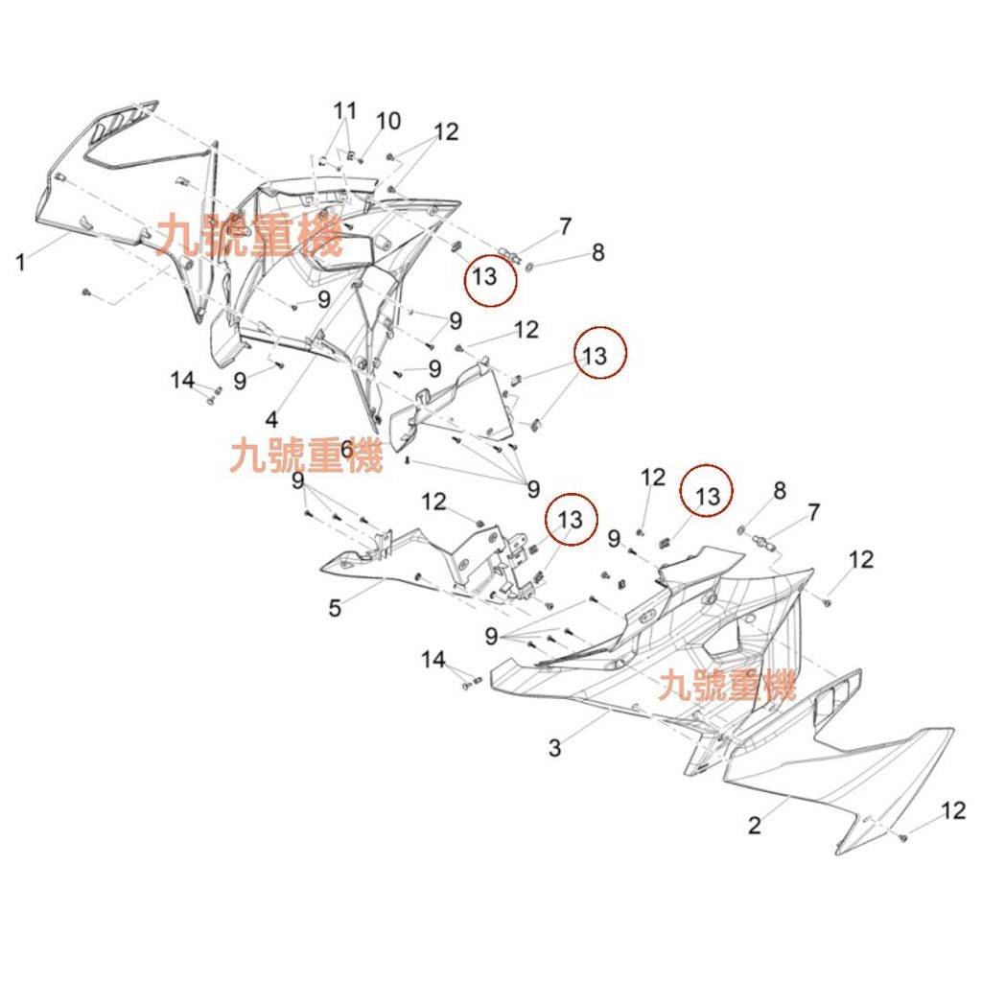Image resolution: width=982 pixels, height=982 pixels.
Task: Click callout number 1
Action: tap(21, 261)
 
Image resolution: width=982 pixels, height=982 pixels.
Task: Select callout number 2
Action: tap(755, 825)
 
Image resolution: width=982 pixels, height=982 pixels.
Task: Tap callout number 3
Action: tap(554, 748)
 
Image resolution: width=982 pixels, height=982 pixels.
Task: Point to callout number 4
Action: tap(271, 419)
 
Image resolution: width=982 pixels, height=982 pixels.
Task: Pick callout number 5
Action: tap(335, 608)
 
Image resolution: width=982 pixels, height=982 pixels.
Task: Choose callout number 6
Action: tap(346, 447)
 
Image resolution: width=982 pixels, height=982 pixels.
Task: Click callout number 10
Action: tap(388, 121)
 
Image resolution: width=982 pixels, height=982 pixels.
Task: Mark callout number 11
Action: tap(344, 109)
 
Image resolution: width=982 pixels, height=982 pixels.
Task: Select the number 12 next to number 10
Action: tap(446, 132)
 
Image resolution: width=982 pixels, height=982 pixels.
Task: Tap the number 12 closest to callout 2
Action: tap(952, 811)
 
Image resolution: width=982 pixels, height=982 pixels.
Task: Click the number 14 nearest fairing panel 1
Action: tap(182, 381)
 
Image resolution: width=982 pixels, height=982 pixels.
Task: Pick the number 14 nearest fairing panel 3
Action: tap(433, 659)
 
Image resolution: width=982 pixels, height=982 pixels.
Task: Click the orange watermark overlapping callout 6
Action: tap(306, 455)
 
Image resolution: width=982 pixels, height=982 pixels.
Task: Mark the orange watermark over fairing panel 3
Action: tap(727, 686)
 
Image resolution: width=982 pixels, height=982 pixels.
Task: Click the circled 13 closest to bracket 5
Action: tap(570, 519)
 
